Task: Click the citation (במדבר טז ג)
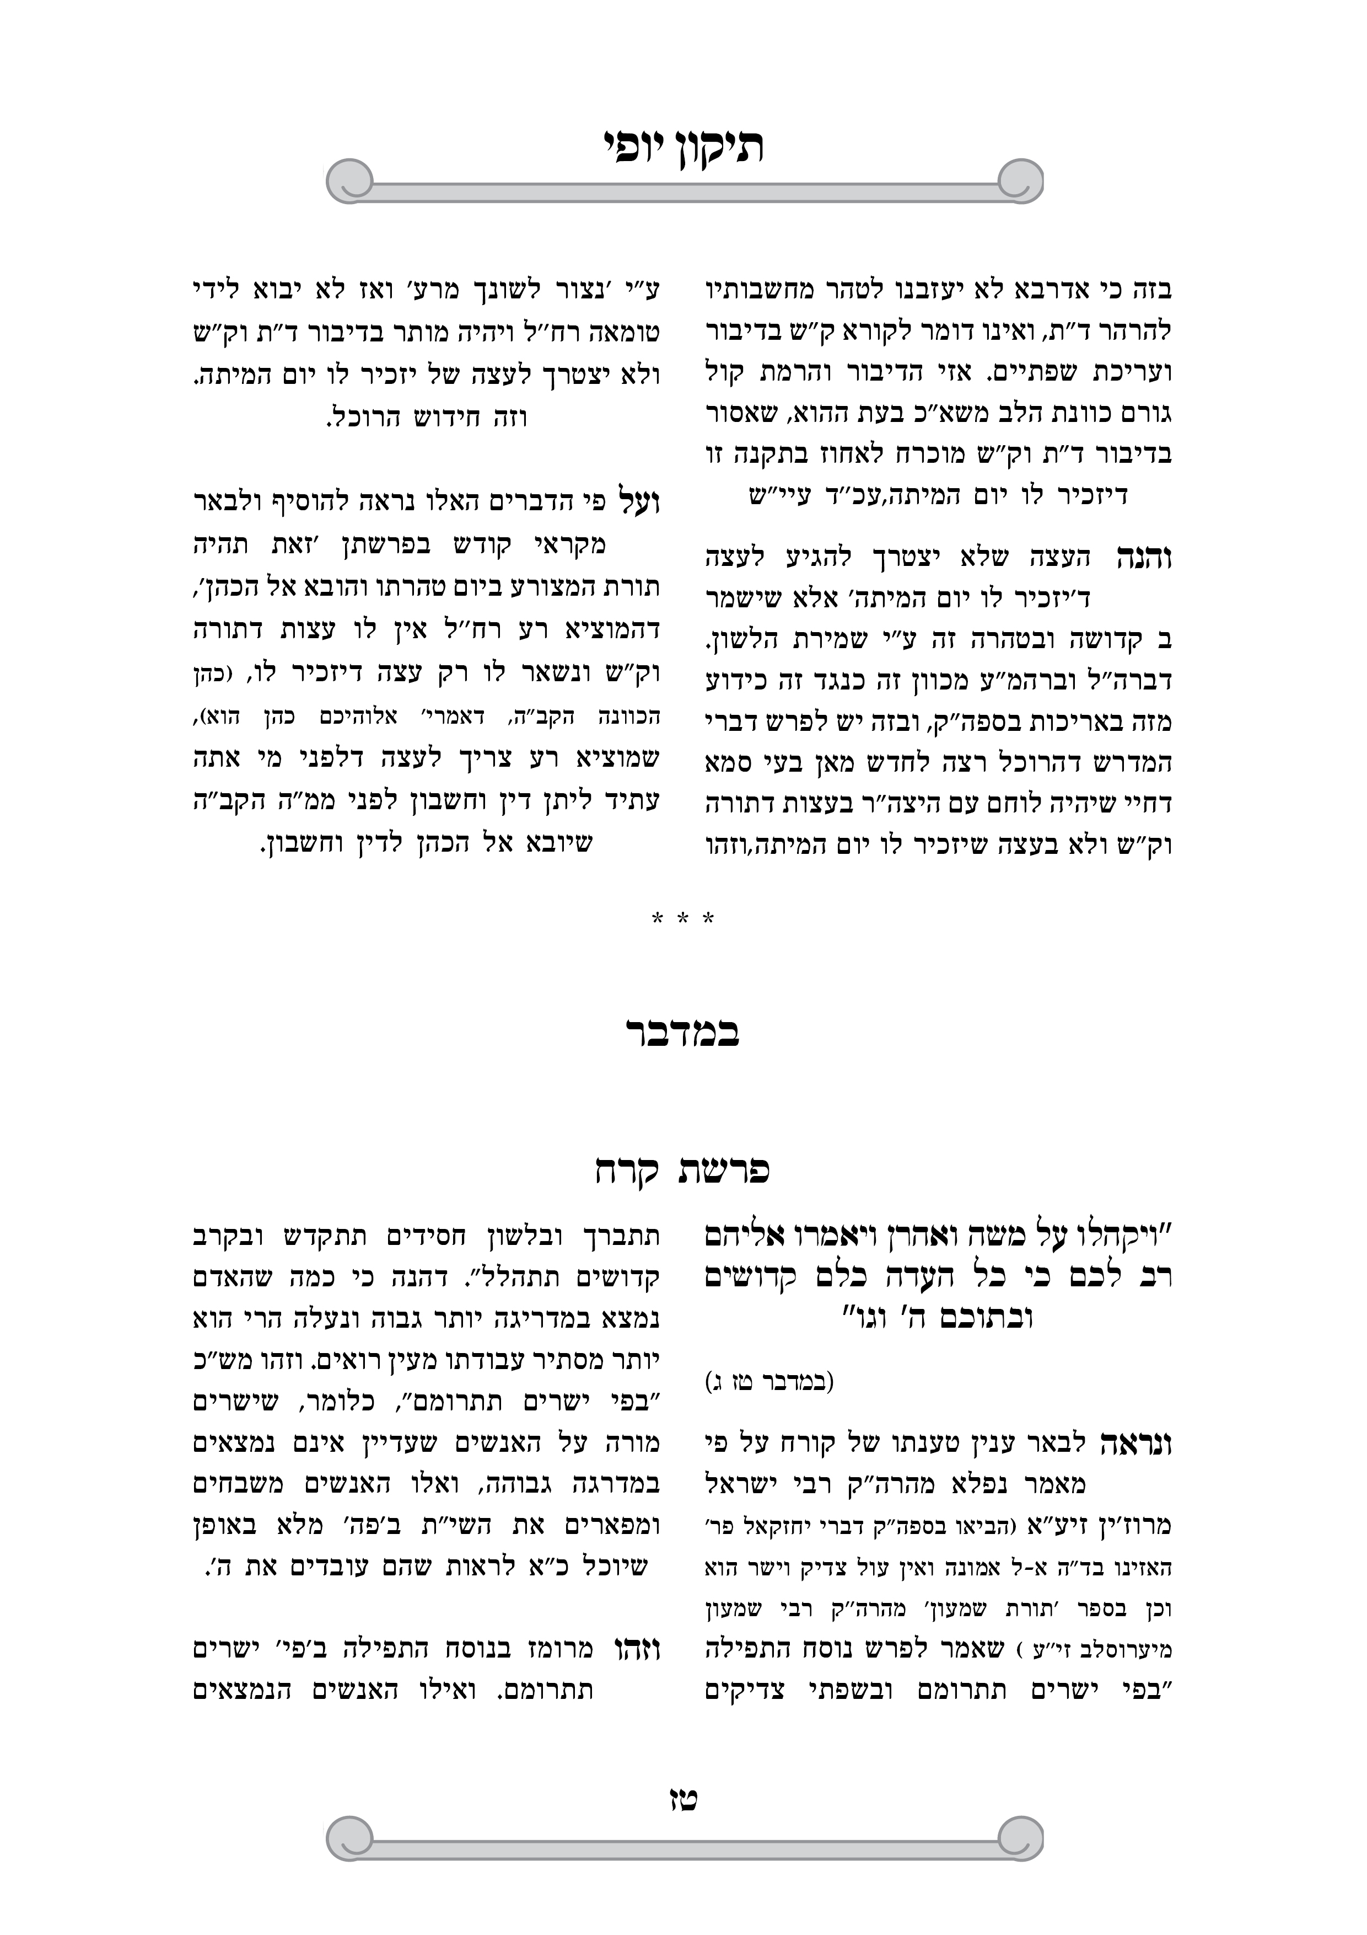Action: (769, 1382)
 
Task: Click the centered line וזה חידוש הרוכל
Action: (427, 417)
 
